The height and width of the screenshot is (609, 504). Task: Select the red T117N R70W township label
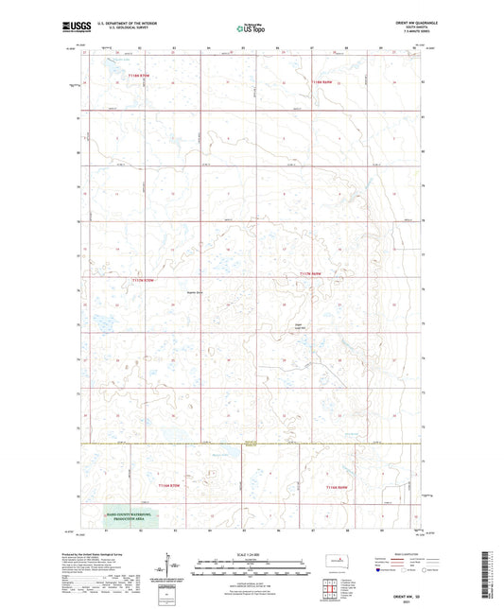pyautogui.click(x=142, y=280)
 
